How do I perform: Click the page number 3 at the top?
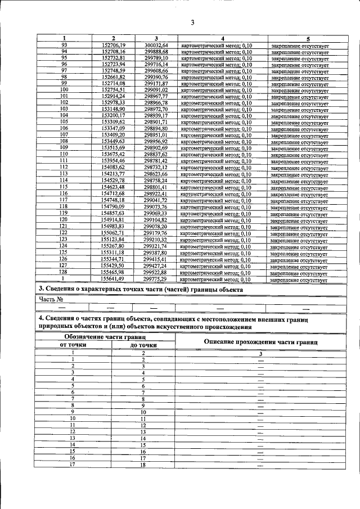coord(192,22)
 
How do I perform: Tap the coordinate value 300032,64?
coord(156,45)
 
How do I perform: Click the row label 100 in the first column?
coord(64,89)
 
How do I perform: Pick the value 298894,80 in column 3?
coord(156,128)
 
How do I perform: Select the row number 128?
coord(64,272)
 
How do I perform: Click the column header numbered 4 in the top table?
coord(223,38)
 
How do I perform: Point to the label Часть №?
coord(51,299)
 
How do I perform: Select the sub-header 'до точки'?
coord(143,345)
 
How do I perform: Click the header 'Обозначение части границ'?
coord(104,336)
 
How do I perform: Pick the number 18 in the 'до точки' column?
coord(143,465)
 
